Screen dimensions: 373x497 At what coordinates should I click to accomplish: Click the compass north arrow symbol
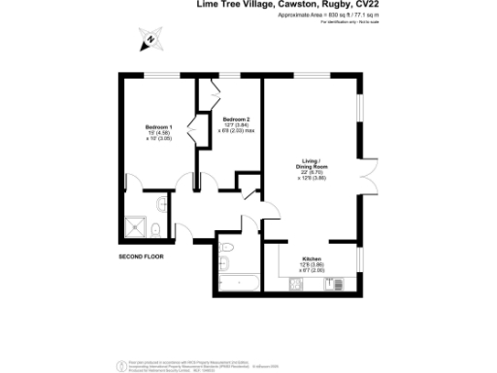(149, 41)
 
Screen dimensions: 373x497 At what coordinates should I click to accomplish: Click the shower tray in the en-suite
(139, 226)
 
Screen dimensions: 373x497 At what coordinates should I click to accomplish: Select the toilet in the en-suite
(157, 229)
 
